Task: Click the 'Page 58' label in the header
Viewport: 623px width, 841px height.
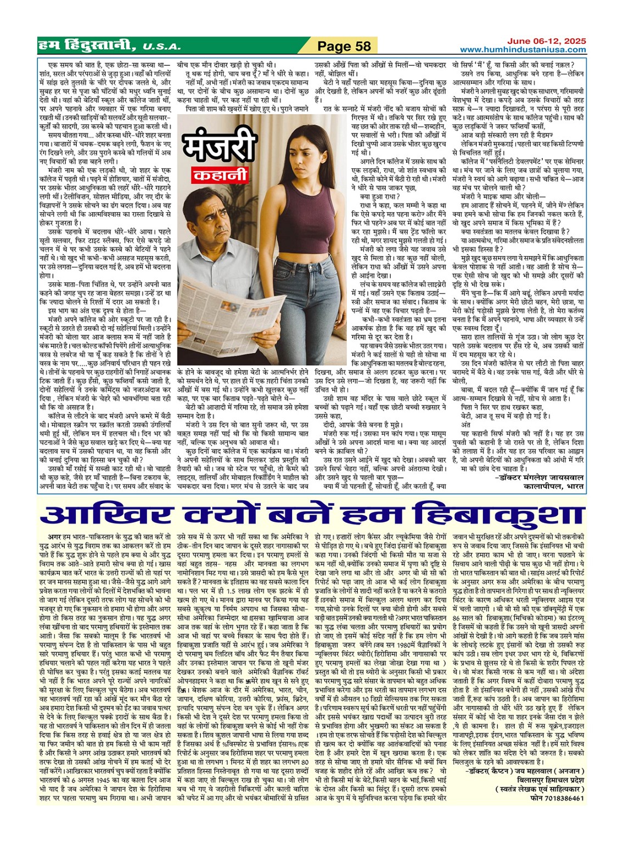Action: click(344, 46)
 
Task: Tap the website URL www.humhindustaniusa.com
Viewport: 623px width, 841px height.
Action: click(523, 50)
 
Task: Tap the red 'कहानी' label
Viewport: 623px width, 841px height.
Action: click(220, 176)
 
